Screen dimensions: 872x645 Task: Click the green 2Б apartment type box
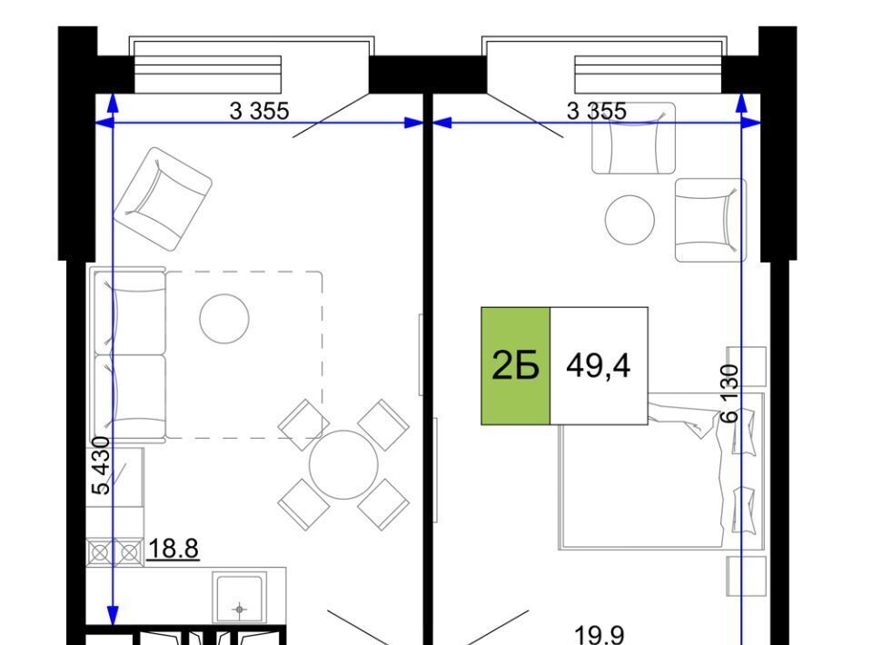click(x=516, y=366)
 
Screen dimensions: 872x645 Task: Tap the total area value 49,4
click(x=599, y=366)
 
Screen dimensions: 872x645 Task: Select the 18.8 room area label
click(x=173, y=549)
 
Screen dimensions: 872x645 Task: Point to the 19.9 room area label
click(x=599, y=634)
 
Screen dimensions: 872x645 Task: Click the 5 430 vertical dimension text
click(x=102, y=466)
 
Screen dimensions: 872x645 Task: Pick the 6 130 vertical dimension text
click(x=729, y=393)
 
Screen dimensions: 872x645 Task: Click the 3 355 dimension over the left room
click(x=259, y=111)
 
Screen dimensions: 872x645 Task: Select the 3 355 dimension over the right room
click(x=596, y=111)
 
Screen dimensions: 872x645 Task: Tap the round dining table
click(x=343, y=464)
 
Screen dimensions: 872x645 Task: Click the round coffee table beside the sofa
click(x=224, y=319)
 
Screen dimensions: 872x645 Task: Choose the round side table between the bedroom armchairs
click(x=629, y=220)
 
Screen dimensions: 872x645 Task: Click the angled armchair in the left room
click(x=163, y=199)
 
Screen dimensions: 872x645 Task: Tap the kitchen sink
click(x=239, y=599)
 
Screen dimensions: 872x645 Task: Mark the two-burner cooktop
click(x=114, y=552)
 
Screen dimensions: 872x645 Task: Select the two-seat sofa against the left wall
click(x=128, y=354)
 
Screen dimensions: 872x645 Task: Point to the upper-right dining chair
click(x=383, y=424)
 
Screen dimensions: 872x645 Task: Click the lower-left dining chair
click(x=303, y=504)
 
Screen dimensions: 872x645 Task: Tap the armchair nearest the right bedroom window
click(x=633, y=138)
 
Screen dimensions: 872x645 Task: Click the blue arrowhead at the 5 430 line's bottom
click(x=113, y=615)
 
